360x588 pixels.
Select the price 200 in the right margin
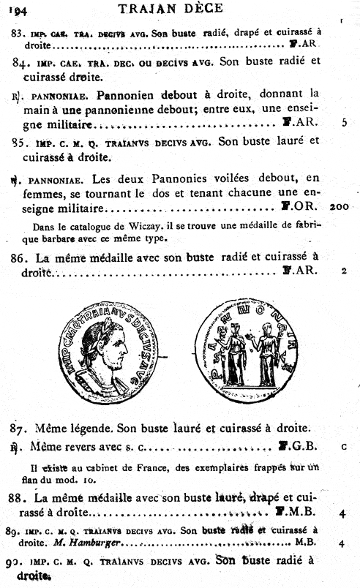coord(341,207)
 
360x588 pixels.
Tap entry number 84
coord(20,63)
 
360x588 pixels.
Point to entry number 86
coord(20,258)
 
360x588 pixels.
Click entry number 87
coord(20,428)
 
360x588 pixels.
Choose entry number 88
coord(20,498)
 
